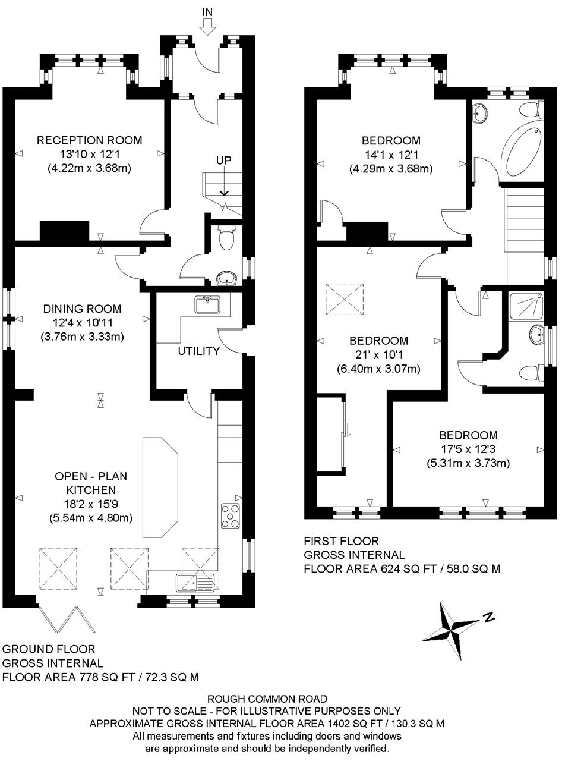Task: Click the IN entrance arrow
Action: [x=208, y=26]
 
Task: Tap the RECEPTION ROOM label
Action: [x=89, y=141]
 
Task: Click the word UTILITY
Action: [x=198, y=351]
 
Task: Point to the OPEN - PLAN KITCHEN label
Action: [x=90, y=483]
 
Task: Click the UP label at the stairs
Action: [x=223, y=161]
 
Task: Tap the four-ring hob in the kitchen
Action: [x=230, y=515]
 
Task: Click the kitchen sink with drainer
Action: [x=194, y=581]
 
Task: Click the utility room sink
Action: [x=207, y=304]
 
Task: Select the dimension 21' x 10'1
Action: [x=378, y=355]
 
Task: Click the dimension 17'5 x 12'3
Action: [x=468, y=449]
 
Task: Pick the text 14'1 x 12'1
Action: [x=391, y=155]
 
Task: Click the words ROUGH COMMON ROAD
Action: [x=267, y=699]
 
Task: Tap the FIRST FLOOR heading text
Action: [x=341, y=542]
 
